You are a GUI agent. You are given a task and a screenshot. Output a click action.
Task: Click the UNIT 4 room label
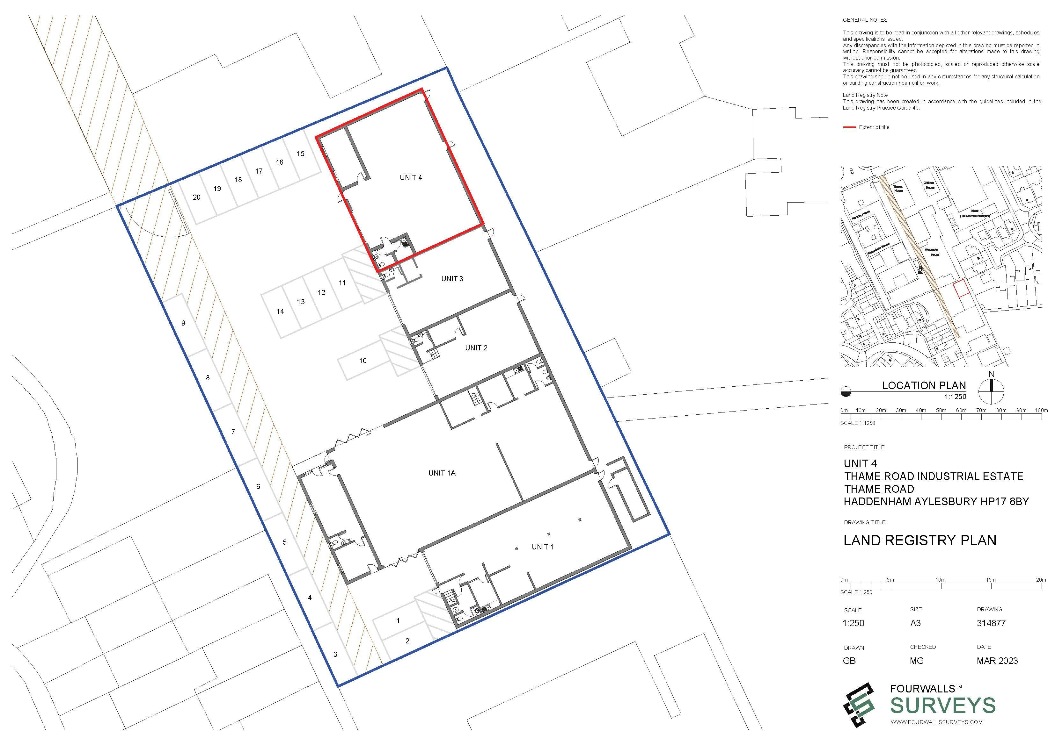click(410, 178)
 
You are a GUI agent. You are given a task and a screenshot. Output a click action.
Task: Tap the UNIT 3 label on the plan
click(452, 279)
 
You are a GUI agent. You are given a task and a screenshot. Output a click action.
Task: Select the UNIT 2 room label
click(476, 348)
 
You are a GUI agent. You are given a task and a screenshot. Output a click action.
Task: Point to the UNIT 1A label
click(442, 473)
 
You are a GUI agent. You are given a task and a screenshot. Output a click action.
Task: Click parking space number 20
click(197, 197)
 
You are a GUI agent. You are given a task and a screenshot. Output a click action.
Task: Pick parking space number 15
click(301, 154)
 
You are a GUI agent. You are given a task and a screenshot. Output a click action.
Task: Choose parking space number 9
click(183, 323)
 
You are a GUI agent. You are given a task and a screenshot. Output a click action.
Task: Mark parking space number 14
click(280, 311)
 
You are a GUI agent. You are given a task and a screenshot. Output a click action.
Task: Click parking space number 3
click(335, 654)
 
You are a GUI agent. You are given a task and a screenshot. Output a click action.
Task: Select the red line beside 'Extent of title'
click(850, 127)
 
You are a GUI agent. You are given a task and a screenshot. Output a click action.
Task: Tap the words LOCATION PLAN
click(924, 386)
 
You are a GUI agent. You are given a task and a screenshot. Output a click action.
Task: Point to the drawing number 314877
click(991, 623)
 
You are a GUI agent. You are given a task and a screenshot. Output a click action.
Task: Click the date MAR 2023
click(997, 661)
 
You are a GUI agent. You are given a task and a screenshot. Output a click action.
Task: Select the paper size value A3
click(915, 623)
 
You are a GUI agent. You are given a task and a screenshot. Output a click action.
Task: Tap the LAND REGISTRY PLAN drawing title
click(920, 541)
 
